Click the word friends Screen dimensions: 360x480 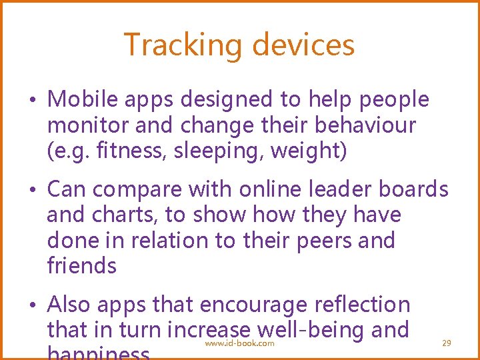click(x=82, y=265)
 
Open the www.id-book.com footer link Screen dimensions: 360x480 click(x=239, y=343)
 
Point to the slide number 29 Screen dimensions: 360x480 click(x=447, y=343)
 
